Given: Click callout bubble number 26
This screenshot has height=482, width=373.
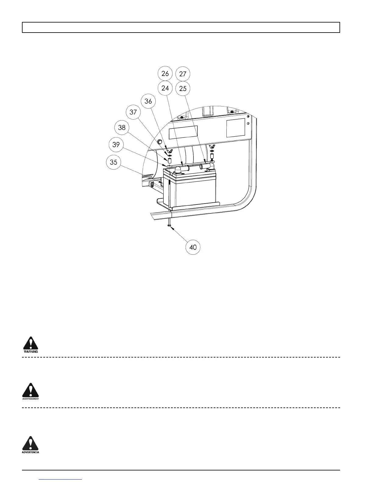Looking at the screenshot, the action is [165, 73].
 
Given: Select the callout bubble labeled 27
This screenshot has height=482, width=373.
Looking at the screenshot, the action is [183, 74].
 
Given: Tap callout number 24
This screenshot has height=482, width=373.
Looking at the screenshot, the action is [165, 88].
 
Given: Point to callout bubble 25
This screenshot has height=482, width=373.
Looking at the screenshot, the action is [183, 89].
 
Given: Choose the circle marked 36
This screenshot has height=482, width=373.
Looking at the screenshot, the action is [148, 101].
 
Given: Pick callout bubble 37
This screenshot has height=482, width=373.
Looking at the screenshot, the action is [133, 112].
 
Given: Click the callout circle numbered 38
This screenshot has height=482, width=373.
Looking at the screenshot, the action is [122, 127].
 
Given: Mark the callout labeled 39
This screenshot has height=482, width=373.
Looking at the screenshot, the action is [116, 144].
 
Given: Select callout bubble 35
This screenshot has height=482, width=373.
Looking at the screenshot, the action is [113, 162].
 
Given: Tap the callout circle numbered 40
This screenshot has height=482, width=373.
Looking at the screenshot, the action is [193, 247].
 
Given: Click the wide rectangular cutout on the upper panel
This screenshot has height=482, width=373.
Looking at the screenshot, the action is [183, 131].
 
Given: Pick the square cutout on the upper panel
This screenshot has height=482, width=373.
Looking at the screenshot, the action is [236, 127].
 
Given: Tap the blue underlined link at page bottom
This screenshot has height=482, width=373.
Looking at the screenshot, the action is [61, 479].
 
